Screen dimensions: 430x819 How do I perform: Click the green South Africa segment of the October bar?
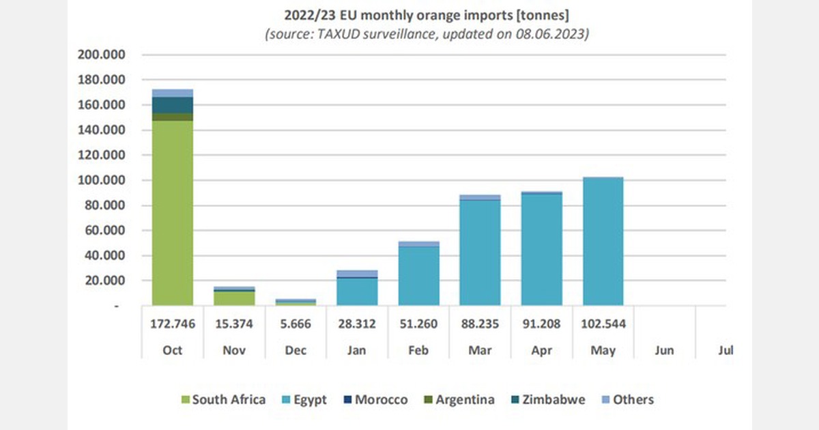click(172, 212)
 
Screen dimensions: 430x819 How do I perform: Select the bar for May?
click(603, 242)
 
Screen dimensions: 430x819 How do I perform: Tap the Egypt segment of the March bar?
click(480, 253)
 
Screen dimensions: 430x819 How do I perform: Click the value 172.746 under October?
click(172, 324)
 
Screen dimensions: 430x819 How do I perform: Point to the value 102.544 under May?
click(603, 324)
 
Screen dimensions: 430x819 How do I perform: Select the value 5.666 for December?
click(295, 324)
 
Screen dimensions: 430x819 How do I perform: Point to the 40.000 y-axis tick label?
click(102, 255)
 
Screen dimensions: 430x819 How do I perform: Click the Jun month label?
click(663, 350)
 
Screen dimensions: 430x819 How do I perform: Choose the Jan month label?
click(356, 350)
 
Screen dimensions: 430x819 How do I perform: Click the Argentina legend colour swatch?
click(427, 400)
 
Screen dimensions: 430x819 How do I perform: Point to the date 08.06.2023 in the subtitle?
click(555, 34)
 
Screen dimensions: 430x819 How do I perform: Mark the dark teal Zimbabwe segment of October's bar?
click(172, 105)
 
